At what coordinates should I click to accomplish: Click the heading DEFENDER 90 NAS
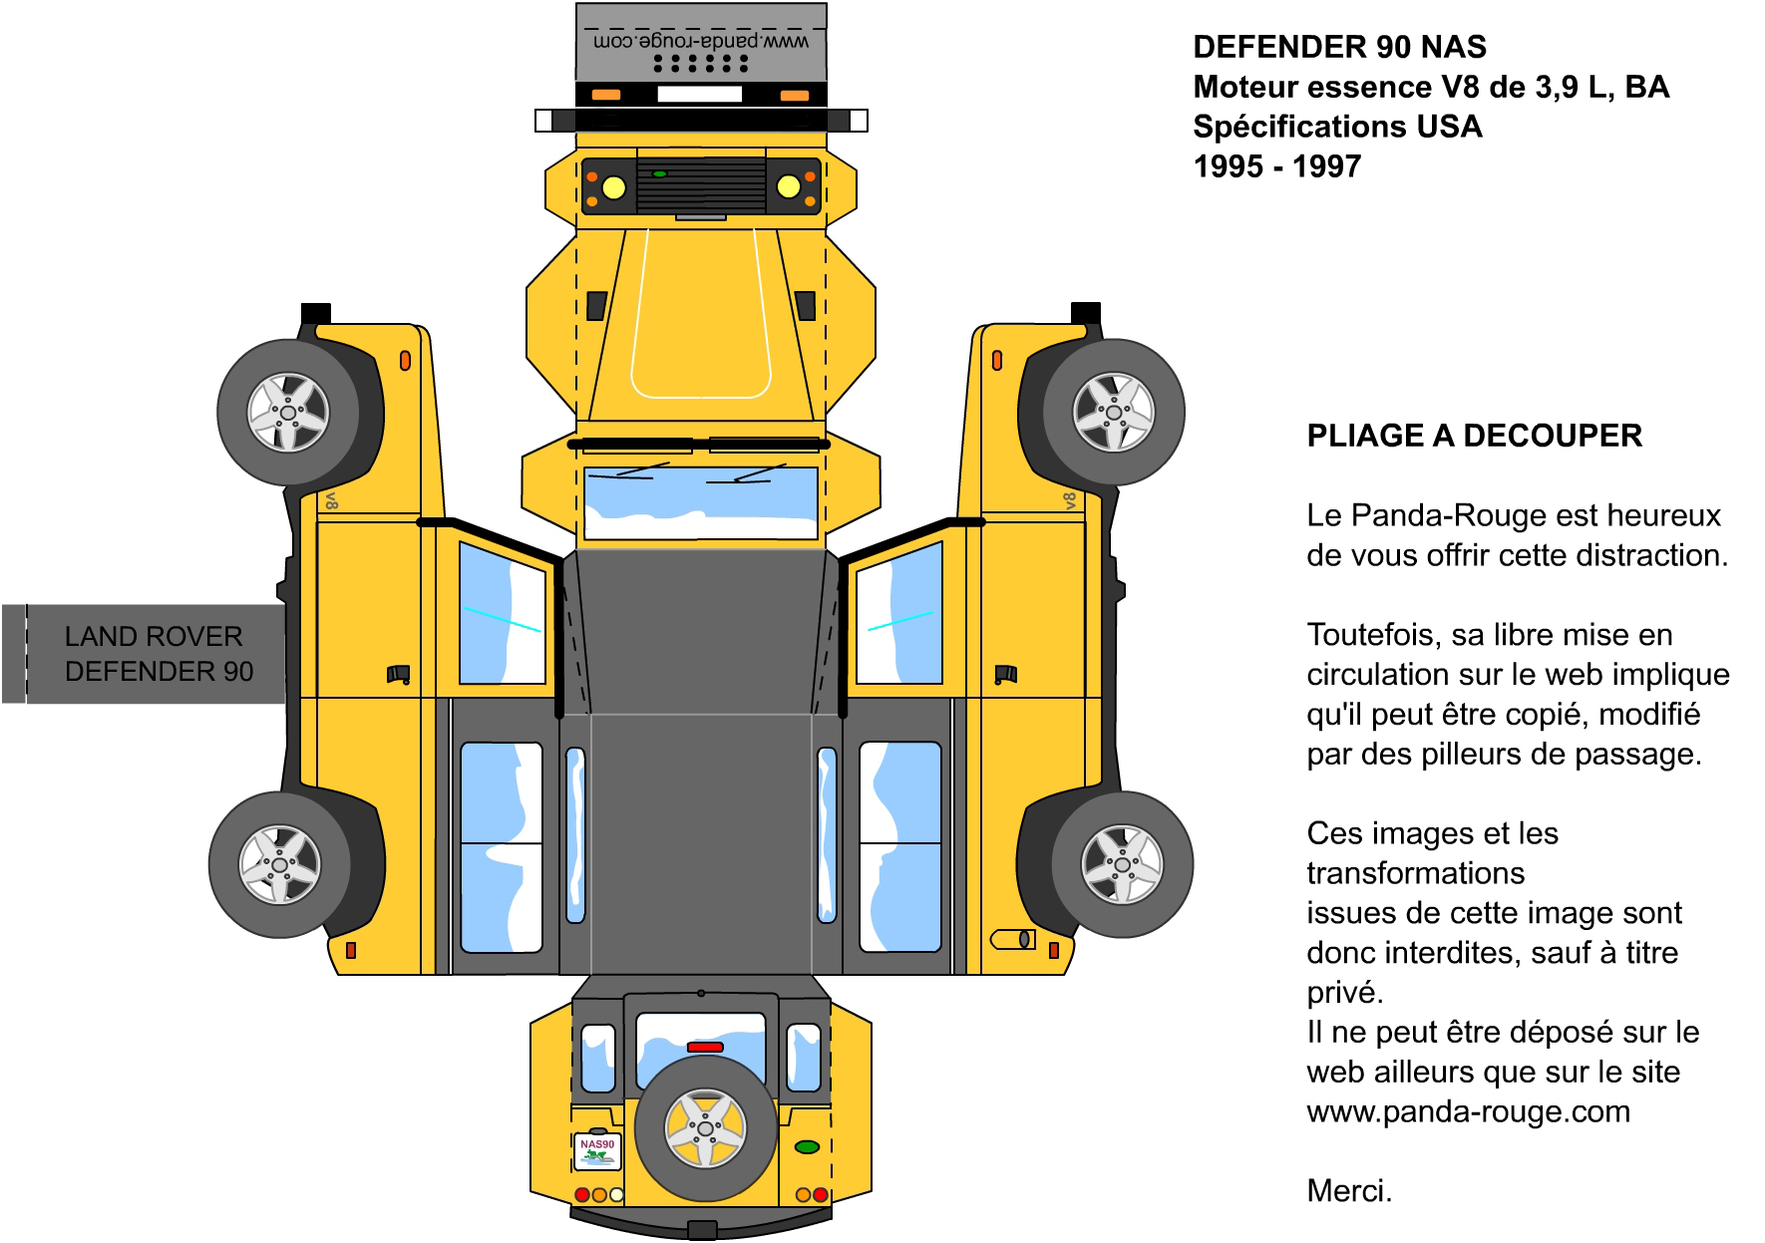[1339, 47]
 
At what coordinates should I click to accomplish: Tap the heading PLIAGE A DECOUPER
[1474, 436]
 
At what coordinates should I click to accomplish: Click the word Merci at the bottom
[1349, 1191]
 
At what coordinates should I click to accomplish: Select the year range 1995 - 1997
[1277, 166]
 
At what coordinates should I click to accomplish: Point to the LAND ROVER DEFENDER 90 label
[159, 654]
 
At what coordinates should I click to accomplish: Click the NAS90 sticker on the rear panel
[597, 1150]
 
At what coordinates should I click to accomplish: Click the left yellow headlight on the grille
[614, 186]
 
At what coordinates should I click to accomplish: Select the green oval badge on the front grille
[659, 173]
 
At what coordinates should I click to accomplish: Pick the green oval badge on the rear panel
[807, 1147]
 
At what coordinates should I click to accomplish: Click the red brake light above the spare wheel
[705, 1047]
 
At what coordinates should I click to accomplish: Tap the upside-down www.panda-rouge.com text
[700, 42]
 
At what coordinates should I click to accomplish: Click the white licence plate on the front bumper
[699, 95]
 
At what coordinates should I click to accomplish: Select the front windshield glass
[700, 503]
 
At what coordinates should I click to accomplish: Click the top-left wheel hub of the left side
[287, 413]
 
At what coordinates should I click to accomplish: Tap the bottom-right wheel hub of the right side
[1123, 864]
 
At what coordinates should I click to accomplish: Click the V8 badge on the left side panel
[332, 500]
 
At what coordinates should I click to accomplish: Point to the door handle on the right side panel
[1006, 675]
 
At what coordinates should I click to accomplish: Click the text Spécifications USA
[1337, 127]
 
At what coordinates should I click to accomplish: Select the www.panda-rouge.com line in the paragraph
[1468, 1111]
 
